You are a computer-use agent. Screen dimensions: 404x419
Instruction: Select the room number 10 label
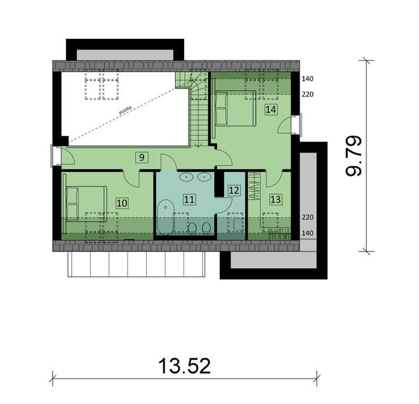121,203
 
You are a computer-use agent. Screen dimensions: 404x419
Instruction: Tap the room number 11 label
189,199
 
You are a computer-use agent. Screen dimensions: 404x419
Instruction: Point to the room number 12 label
233,189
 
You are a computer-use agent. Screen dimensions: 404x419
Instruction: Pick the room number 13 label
275,199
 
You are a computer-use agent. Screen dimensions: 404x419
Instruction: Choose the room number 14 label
270,109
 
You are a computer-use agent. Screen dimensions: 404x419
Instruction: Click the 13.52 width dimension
184,366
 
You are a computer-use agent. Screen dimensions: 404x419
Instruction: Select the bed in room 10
84,204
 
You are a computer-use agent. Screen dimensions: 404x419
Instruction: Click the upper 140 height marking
308,79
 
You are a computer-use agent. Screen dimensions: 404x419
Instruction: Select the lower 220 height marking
308,217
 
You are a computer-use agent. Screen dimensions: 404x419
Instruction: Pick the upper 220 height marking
308,95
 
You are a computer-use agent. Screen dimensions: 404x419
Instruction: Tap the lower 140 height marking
308,233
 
